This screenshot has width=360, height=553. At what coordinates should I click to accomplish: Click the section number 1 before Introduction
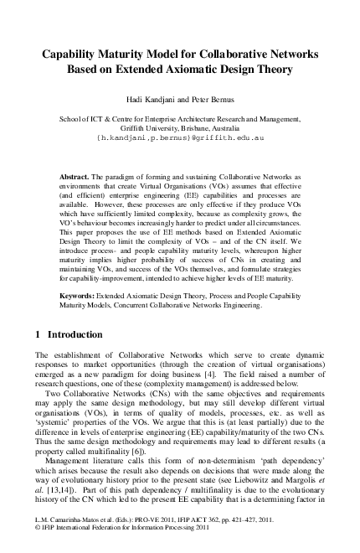[38, 334]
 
